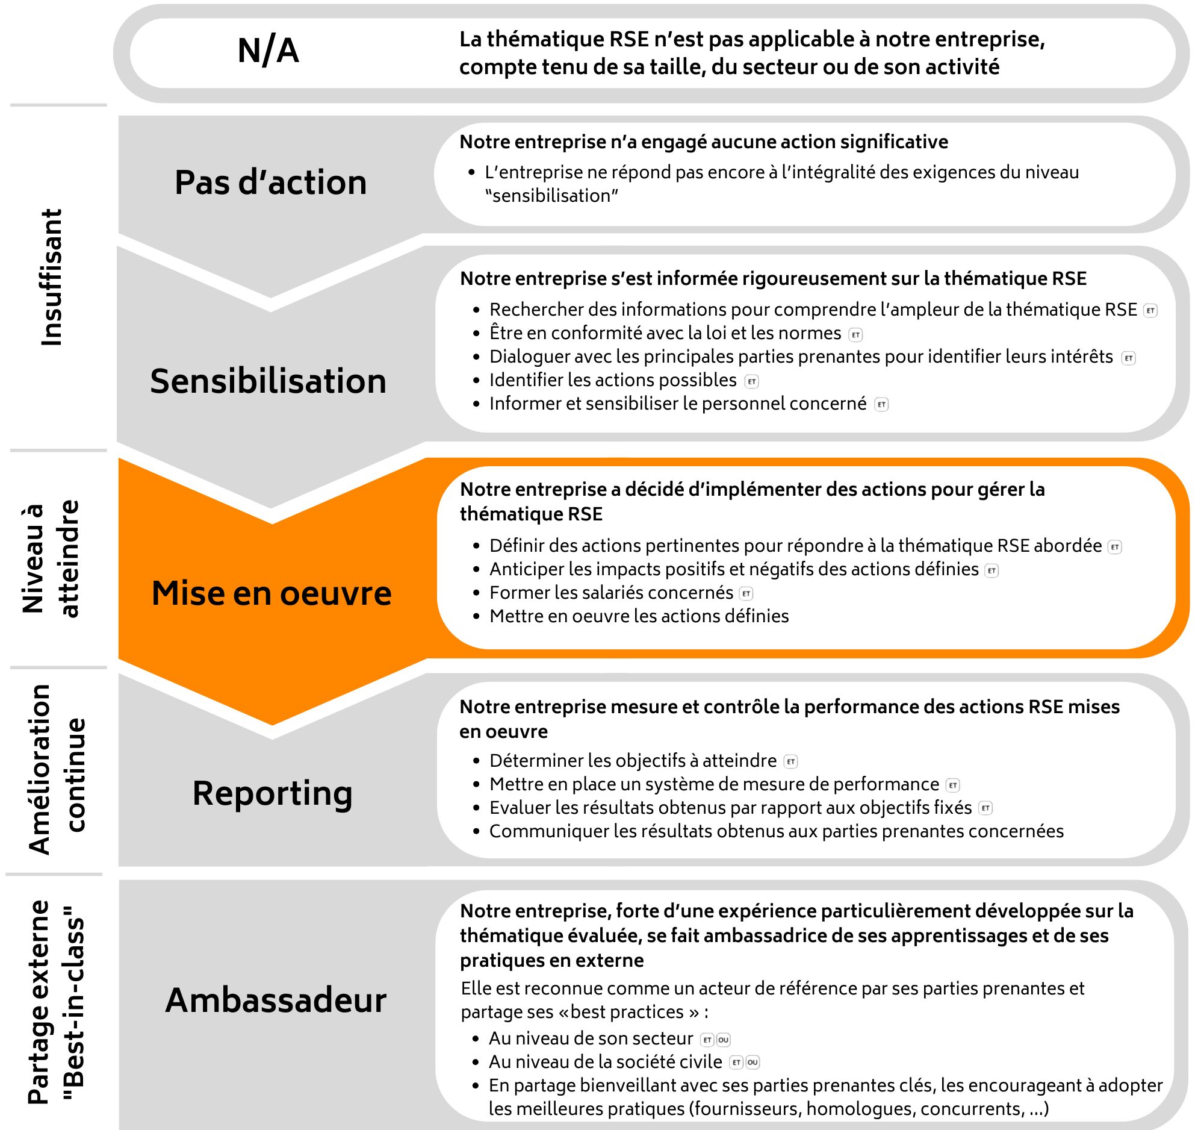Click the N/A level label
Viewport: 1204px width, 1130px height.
click(268, 51)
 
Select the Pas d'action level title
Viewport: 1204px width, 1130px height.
click(271, 183)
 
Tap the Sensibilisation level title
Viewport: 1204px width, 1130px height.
click(268, 381)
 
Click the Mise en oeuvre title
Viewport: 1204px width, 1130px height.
click(272, 593)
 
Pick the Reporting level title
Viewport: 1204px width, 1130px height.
click(273, 793)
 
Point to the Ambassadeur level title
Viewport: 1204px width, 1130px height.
click(276, 1000)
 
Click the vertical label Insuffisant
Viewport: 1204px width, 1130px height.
click(52, 278)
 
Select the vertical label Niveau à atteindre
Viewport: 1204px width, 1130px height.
click(51, 558)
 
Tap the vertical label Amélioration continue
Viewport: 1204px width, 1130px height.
click(58, 769)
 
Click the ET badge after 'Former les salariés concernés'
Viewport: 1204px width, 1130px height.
click(746, 594)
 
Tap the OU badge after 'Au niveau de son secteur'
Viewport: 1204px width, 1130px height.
click(724, 1040)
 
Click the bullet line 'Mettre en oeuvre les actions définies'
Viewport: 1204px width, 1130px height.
click(639, 616)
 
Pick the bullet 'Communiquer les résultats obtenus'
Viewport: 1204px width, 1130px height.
click(776, 831)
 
